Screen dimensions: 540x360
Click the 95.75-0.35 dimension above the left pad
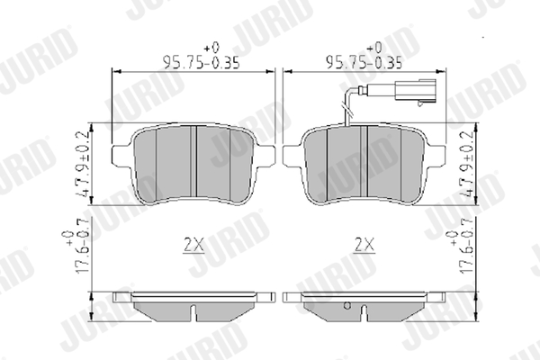pos(201,63)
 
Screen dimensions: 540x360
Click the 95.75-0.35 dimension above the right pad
pos(364,63)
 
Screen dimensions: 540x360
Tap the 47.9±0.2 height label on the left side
pos(84,164)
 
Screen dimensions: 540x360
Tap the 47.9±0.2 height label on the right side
pos(469,164)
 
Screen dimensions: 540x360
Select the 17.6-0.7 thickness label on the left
pos(83,246)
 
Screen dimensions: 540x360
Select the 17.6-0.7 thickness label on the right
pos(467,246)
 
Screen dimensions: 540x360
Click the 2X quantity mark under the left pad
pos(193,245)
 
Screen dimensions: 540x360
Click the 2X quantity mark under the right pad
pos(364,245)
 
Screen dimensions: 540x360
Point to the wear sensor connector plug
pos(416,91)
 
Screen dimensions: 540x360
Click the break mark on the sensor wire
pos(346,110)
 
